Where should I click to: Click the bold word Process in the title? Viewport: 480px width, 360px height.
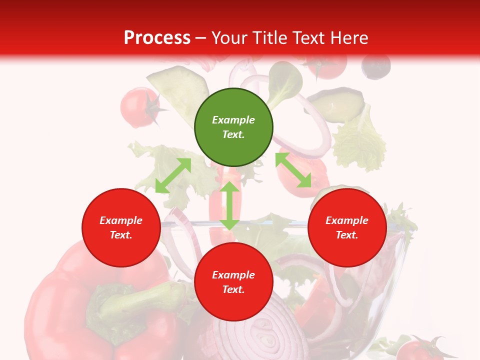tap(157, 38)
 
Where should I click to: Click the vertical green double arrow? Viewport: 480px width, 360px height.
tap(229, 205)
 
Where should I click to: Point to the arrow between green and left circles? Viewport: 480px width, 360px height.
tap(173, 175)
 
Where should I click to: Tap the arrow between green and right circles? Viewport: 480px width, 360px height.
tap(293, 170)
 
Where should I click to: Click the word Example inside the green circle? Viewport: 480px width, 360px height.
tap(233, 120)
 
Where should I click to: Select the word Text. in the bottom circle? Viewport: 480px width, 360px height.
tap(233, 289)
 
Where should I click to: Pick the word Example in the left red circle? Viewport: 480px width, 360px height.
tap(121, 220)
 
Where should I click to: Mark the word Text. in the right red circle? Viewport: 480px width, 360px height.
tap(347, 235)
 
